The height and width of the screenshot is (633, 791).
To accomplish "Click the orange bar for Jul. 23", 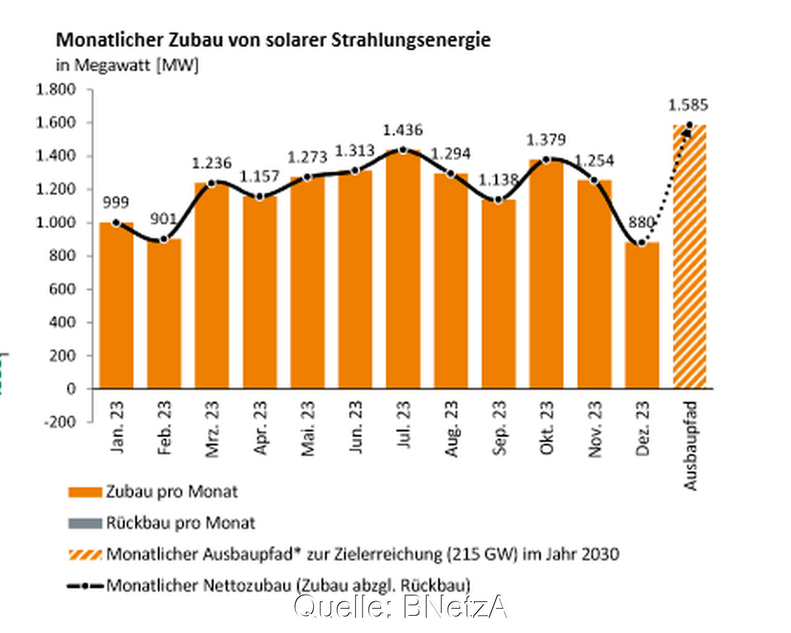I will pyautogui.click(x=403, y=270).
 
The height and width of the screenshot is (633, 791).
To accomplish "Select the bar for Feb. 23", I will pyautogui.click(x=164, y=314).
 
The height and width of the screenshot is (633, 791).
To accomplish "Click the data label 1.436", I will pyautogui.click(x=403, y=130).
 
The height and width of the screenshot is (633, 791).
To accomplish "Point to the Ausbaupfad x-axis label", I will pyautogui.click(x=690, y=446).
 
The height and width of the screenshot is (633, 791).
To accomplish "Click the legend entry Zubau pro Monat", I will pyautogui.click(x=171, y=493).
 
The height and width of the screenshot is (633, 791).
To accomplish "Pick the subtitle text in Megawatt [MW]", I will pyautogui.click(x=127, y=66).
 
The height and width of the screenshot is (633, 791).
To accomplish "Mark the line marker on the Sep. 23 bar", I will pyautogui.click(x=499, y=200).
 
